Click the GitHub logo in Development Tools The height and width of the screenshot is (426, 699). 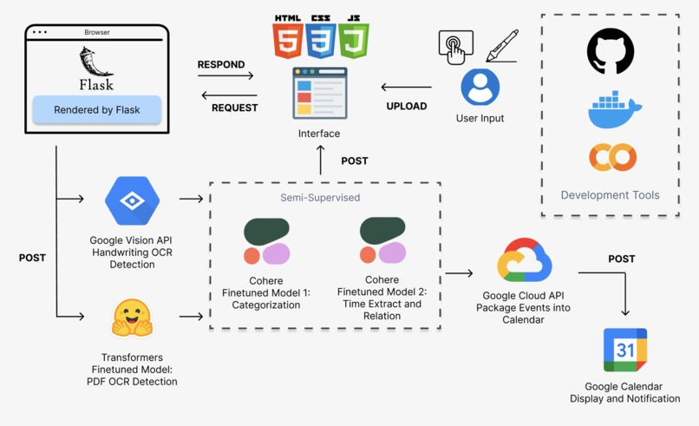tap(610, 51)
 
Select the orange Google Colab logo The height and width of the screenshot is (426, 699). tap(612, 157)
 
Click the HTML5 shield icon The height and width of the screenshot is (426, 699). tap(287, 38)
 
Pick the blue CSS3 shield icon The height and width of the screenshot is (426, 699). tap(320, 38)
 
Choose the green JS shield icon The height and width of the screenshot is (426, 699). tap(353, 38)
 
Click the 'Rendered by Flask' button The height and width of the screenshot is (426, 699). tap(96, 110)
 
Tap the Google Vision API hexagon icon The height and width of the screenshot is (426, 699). tap(132, 200)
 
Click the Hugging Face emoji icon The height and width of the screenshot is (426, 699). tap(132, 318)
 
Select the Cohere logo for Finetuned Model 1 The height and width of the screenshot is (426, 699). tap(266, 241)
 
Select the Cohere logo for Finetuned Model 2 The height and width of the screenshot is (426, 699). tap(382, 240)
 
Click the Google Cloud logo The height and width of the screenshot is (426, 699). tap(524, 260)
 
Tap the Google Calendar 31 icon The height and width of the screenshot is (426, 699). tap(625, 351)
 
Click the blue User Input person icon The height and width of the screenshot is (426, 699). tap(480, 88)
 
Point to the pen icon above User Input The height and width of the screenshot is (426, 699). tap(502, 46)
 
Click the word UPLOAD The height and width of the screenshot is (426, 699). tap(406, 106)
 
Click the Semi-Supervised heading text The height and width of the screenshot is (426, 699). tap(319, 198)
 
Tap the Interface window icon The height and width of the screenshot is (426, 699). tap(319, 93)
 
